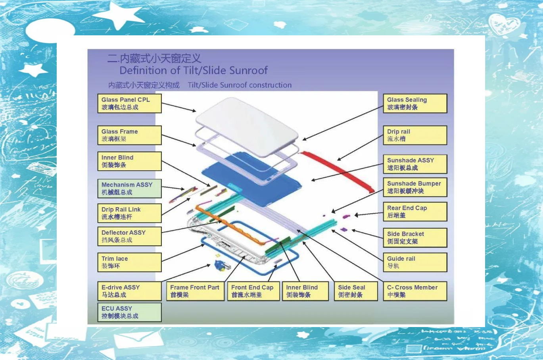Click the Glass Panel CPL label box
(x=129, y=104)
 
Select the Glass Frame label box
(x=129, y=135)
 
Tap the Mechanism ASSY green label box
(x=129, y=189)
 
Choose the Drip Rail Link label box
(x=129, y=213)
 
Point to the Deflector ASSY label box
(x=129, y=236)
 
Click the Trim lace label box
(x=129, y=262)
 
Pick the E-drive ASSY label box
(x=129, y=291)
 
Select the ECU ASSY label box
(x=129, y=312)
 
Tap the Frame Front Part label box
(x=195, y=291)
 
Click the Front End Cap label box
(x=253, y=291)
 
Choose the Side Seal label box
(x=356, y=291)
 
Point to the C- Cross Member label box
(x=415, y=291)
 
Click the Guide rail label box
(x=415, y=262)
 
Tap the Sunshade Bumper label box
(x=415, y=187)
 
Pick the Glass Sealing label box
(x=415, y=104)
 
